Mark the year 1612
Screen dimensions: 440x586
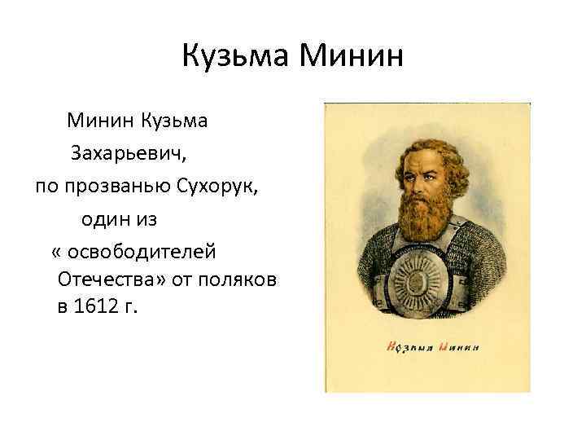(x=97, y=308)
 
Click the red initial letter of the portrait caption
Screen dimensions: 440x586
(x=391, y=347)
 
